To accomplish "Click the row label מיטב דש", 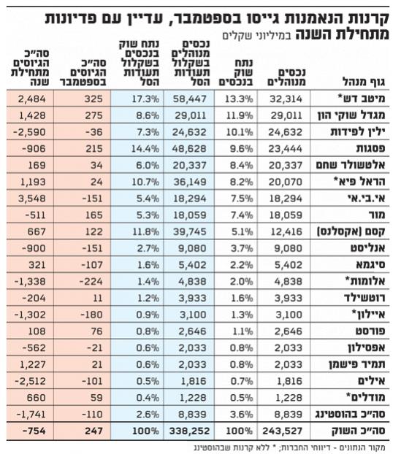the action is [x=362, y=99].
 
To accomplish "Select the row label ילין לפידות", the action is [x=358, y=132].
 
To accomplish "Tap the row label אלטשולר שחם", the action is [x=351, y=166].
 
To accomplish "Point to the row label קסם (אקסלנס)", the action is [x=352, y=231].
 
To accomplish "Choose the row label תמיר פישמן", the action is [x=357, y=364].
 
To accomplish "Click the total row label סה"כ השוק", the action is [x=359, y=431].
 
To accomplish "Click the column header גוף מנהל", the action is [x=364, y=82].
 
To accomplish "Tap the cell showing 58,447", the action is [x=190, y=99].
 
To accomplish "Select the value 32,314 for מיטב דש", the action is [x=286, y=99].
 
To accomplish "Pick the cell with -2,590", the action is [x=29, y=132].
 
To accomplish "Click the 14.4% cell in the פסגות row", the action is [x=145, y=149].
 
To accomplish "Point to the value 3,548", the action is [x=32, y=199].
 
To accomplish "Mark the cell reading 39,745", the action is [x=190, y=231].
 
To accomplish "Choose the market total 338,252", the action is [x=189, y=431].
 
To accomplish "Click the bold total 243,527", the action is [x=283, y=431].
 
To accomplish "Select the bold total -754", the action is [x=34, y=431].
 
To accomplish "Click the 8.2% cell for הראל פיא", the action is [x=240, y=182].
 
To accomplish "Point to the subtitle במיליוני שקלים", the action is [x=258, y=35].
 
